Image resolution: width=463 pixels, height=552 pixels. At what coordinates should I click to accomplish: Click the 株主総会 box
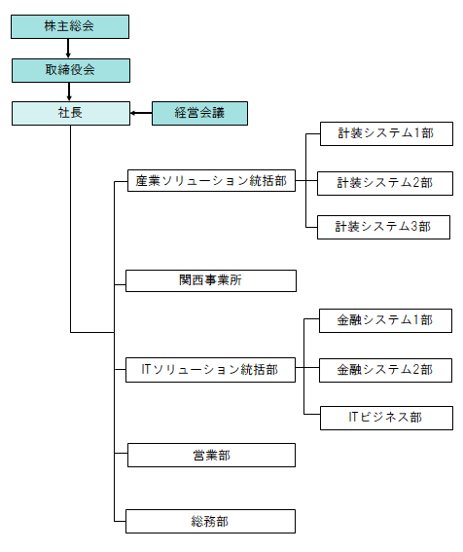click(70, 26)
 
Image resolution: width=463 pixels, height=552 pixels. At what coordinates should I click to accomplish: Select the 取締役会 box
click(71, 70)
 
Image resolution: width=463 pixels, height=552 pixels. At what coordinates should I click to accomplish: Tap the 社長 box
click(71, 113)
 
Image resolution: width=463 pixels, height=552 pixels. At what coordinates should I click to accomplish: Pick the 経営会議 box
click(199, 113)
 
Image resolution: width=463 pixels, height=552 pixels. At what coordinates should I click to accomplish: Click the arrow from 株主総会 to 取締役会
click(68, 49)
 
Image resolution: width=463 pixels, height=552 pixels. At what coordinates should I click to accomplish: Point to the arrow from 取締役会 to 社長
click(69, 92)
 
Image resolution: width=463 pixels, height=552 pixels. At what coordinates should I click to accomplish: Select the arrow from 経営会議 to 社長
click(141, 113)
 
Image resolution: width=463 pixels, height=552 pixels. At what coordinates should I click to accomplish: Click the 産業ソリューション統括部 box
click(211, 181)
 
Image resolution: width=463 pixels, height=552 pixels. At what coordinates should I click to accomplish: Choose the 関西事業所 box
click(211, 281)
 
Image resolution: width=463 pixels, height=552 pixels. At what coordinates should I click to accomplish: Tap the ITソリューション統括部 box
click(210, 370)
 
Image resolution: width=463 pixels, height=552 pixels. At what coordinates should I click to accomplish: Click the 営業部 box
click(211, 456)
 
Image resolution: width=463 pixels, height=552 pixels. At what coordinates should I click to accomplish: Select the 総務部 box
click(210, 522)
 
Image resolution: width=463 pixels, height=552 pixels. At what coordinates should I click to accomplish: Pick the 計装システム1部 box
click(387, 133)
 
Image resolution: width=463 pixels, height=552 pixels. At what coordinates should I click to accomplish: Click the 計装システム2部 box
click(385, 183)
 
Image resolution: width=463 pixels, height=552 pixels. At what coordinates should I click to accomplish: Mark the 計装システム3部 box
click(384, 228)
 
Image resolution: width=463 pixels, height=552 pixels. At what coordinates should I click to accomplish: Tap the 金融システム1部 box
click(385, 320)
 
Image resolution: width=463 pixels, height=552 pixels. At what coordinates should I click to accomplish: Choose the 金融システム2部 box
click(385, 370)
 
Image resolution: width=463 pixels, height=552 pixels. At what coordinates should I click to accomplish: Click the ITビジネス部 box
click(387, 419)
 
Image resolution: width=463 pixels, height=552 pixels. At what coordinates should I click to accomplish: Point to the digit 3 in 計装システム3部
click(414, 227)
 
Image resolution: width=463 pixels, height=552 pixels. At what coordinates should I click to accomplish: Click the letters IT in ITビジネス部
click(353, 418)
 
